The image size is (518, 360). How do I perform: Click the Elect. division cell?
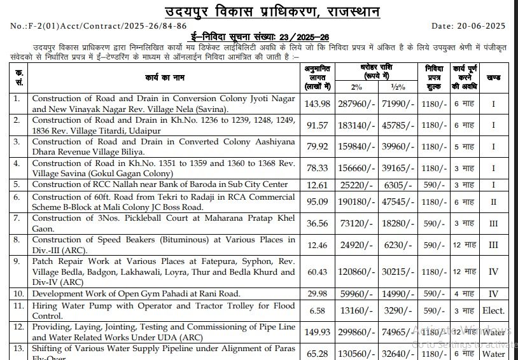pyautogui.click(x=493, y=310)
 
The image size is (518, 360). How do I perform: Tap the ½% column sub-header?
pyautogui.click(x=398, y=87)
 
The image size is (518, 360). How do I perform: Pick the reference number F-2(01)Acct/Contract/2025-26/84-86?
pyautogui.click(x=99, y=26)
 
